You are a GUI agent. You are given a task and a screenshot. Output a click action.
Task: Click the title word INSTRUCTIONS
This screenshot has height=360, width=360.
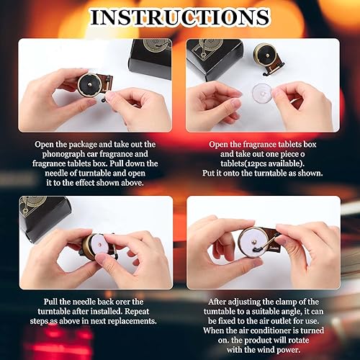click(180, 17)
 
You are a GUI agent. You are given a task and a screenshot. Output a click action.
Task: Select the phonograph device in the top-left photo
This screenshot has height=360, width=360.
click(94, 84)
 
